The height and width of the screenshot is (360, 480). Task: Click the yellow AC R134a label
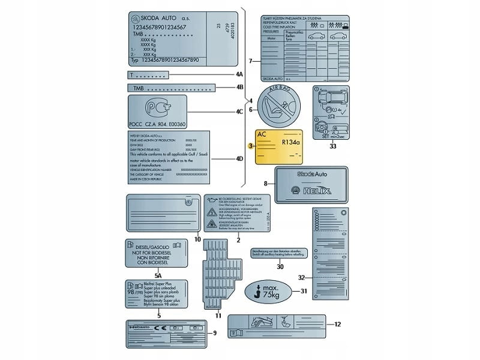[279, 147]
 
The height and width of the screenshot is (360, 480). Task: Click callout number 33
[334, 146]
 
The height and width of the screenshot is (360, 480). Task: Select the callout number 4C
[239, 112]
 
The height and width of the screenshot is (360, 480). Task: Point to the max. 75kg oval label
[266, 292]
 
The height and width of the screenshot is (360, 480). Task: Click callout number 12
[338, 324]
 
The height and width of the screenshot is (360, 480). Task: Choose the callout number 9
[215, 333]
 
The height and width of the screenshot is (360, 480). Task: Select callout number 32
[302, 277]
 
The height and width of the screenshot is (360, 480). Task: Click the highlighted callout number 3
[250, 145]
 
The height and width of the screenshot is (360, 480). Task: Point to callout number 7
[250, 61]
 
